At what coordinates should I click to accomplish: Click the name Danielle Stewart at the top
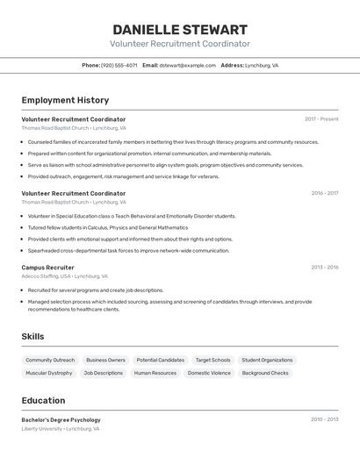tap(180, 30)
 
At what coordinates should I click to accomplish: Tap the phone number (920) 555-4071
tap(119, 65)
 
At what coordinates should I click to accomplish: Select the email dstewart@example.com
tap(187, 65)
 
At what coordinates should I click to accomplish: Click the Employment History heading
tap(65, 100)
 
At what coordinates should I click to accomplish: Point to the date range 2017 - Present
tap(321, 118)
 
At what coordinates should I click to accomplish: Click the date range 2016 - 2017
tap(324, 193)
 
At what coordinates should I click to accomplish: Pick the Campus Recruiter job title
tap(47, 268)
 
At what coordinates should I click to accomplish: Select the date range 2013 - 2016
tap(324, 268)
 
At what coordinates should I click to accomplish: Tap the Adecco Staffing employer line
tap(64, 276)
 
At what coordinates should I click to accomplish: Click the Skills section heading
tap(32, 336)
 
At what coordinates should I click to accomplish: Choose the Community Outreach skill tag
tap(50, 360)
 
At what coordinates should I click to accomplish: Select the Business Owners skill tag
tap(105, 360)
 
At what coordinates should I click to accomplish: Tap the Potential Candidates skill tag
tap(161, 360)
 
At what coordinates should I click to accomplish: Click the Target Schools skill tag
tap(212, 360)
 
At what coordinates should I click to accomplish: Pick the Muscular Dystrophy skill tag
tap(49, 373)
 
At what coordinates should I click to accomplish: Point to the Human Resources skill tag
tap(155, 373)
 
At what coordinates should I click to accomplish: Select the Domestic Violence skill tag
tap(209, 373)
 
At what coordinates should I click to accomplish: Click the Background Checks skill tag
tap(265, 373)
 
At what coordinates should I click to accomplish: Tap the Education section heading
tap(43, 400)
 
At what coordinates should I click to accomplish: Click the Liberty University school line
tap(60, 429)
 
